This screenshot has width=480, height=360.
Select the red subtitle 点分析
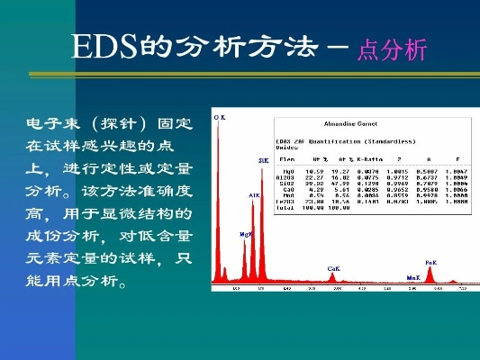pyautogui.click(x=391, y=51)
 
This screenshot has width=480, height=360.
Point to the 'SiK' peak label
pyautogui.click(x=263, y=160)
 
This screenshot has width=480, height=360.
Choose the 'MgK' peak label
pyautogui.click(x=245, y=233)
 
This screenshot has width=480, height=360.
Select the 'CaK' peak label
pyautogui.click(x=333, y=268)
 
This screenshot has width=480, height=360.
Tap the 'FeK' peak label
pyautogui.click(x=430, y=261)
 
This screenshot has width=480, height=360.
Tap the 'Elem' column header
pyautogui.click(x=286, y=159)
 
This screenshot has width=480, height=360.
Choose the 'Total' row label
pyautogui.click(x=285, y=207)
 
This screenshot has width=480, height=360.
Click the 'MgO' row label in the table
pyautogui.click(x=287, y=169)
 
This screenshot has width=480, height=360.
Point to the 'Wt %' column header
pyautogui.click(x=317, y=159)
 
